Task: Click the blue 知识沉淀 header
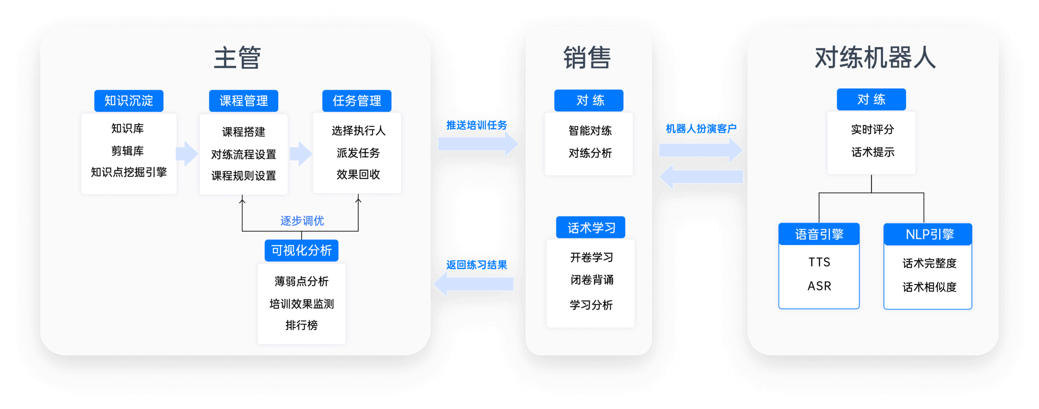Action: click(x=128, y=101)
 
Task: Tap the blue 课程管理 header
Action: click(x=243, y=101)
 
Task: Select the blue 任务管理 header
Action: click(x=357, y=101)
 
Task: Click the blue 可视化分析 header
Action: click(x=301, y=251)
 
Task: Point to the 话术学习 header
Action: click(x=591, y=228)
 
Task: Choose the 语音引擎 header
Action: click(x=819, y=234)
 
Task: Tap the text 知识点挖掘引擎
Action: click(x=129, y=172)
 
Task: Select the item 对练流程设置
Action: click(x=243, y=155)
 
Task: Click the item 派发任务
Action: click(x=358, y=153)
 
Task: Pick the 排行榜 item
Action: click(x=301, y=325)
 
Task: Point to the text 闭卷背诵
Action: click(x=592, y=280)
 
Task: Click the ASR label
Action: click(x=819, y=286)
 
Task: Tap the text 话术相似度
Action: click(x=929, y=287)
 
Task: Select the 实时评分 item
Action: click(x=872, y=129)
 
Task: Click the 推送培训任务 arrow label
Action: click(x=476, y=125)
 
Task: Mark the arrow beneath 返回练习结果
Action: click(x=473, y=284)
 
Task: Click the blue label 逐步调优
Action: click(x=302, y=221)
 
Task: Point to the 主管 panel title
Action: click(x=237, y=58)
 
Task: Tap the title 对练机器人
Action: click(x=875, y=58)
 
